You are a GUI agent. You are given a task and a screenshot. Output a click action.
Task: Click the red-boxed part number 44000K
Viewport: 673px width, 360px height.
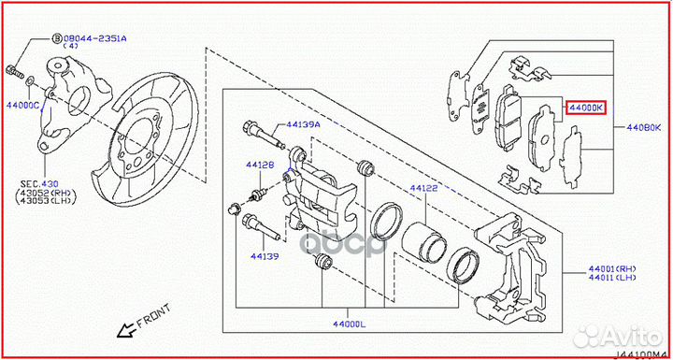coord(586,108)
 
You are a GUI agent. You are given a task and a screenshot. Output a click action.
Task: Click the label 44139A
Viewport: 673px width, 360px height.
coord(303,123)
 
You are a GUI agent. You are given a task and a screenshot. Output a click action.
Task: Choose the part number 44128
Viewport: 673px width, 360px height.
coord(260,166)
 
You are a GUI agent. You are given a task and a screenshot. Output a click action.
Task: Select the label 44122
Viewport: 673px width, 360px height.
coord(423,188)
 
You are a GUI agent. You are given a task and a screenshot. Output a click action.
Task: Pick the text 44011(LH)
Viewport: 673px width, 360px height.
coord(637,277)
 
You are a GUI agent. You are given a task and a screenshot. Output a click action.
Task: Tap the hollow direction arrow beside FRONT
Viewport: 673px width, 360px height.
coord(119,330)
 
